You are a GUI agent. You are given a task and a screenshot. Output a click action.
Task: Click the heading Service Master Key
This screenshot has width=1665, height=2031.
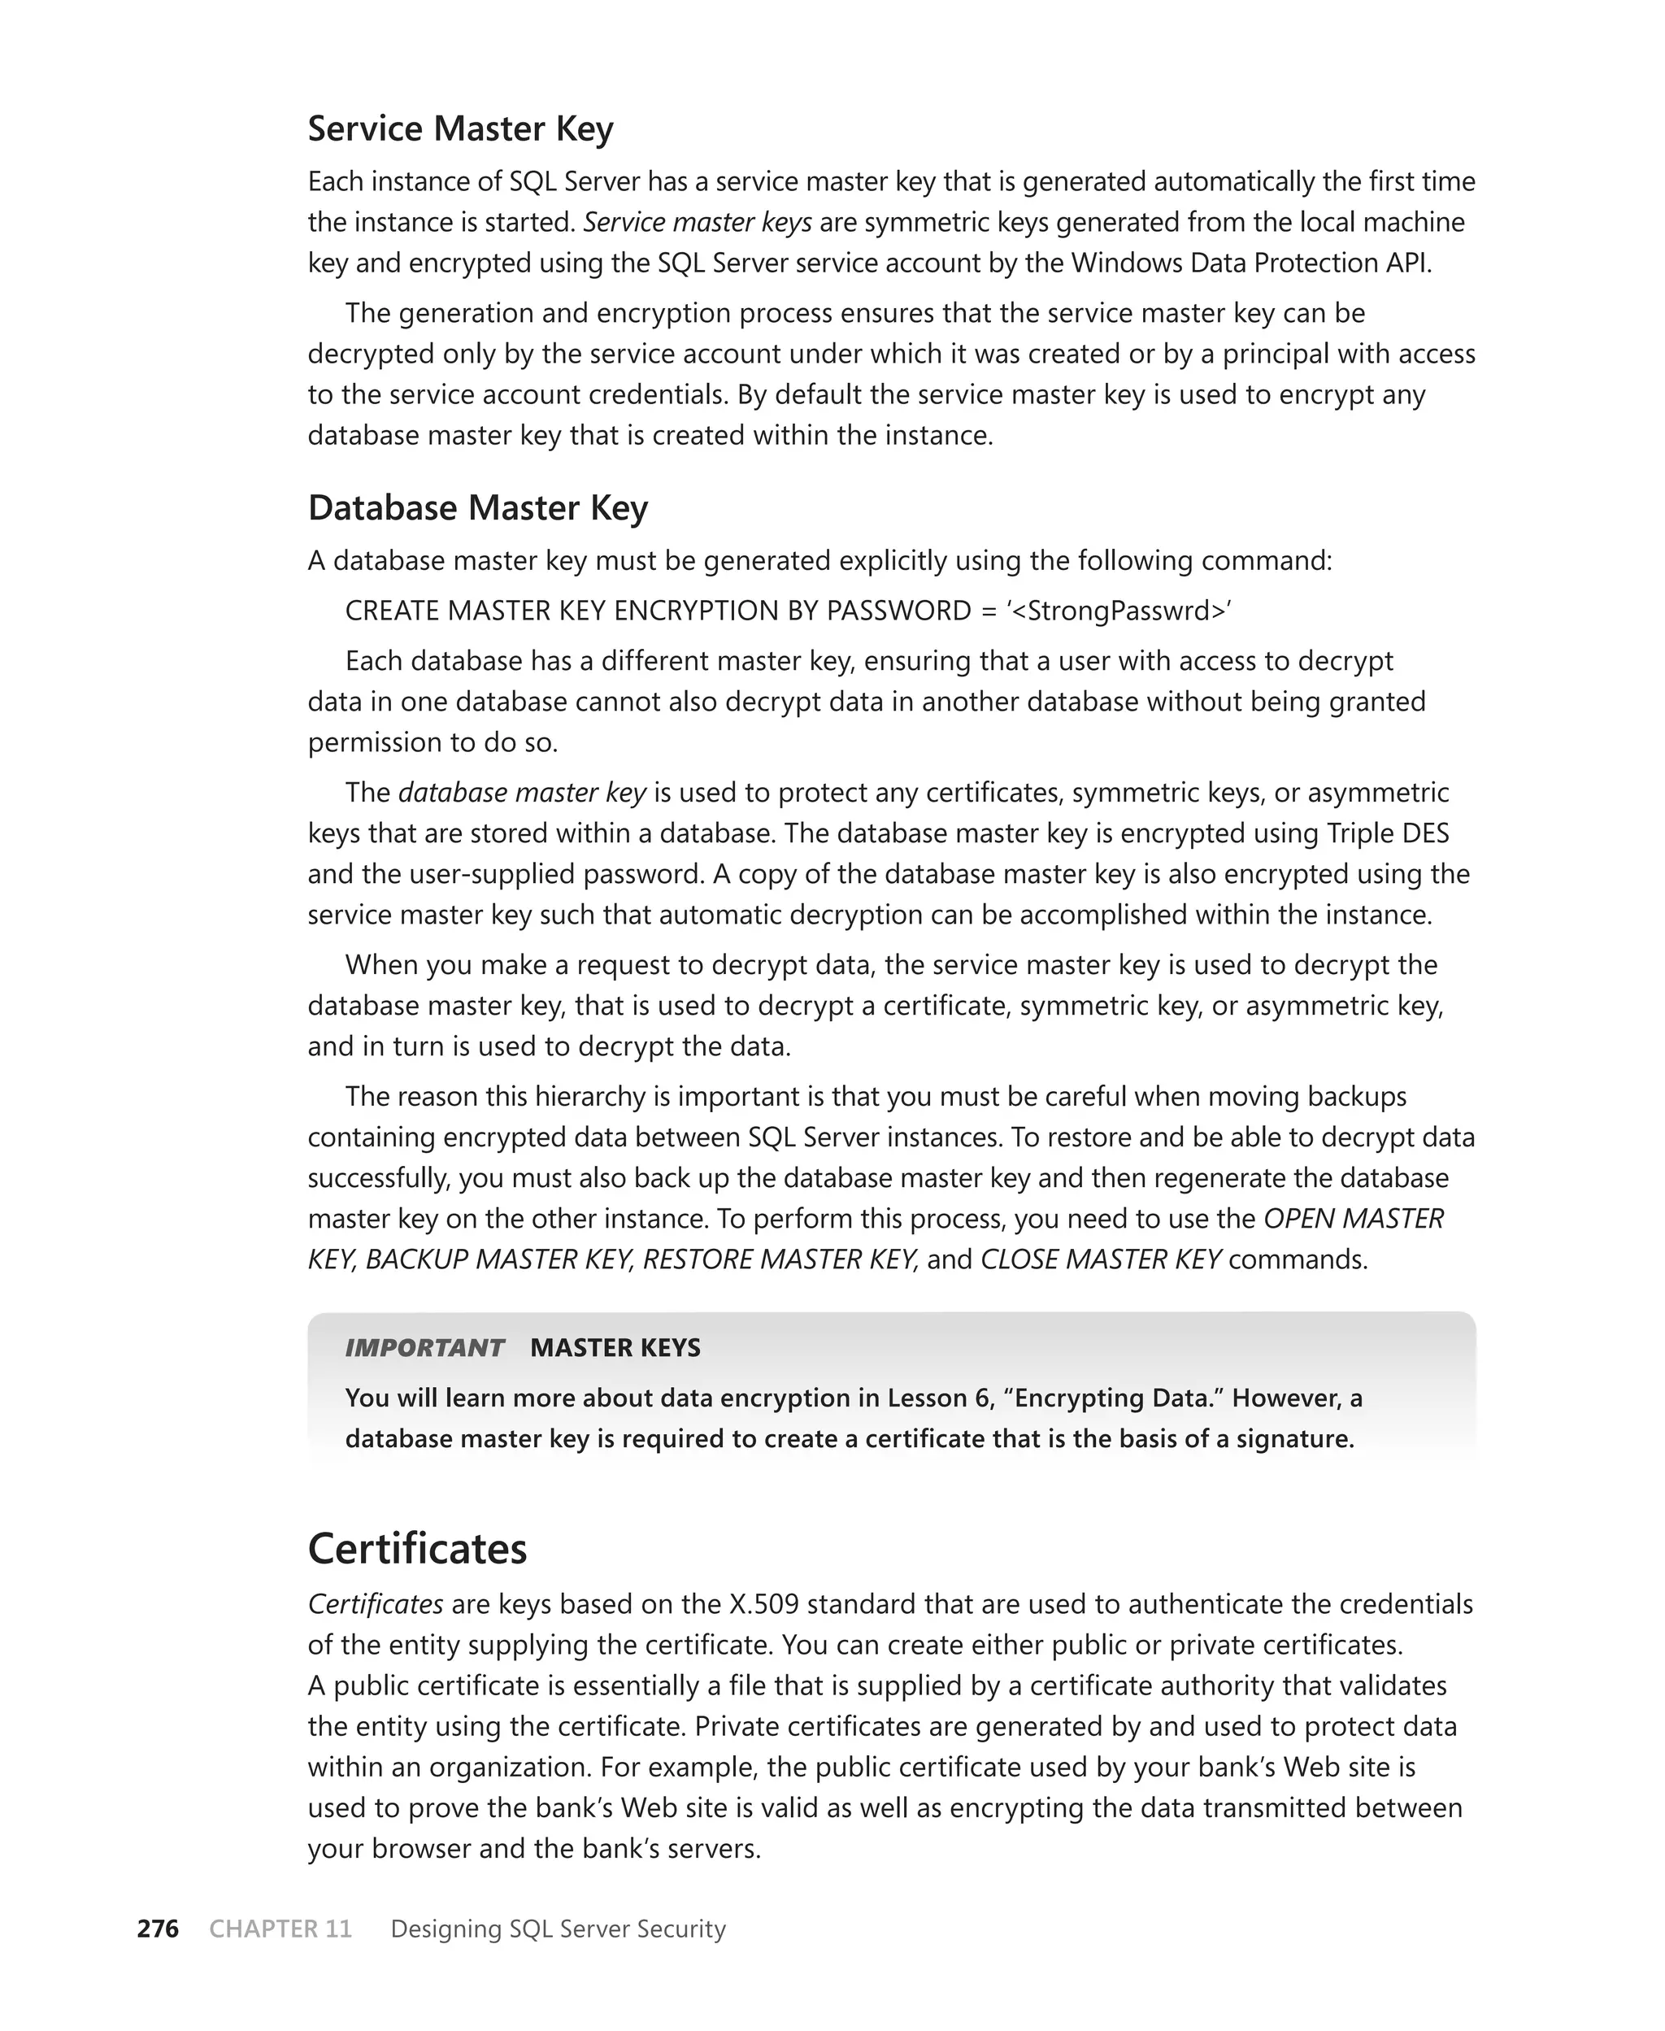(460, 128)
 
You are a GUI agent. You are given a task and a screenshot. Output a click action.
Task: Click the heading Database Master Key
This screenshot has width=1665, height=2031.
(478, 507)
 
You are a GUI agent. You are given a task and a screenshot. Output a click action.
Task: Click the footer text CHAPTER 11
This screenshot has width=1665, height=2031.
(280, 1929)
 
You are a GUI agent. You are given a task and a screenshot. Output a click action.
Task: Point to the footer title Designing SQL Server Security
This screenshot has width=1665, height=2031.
(559, 1929)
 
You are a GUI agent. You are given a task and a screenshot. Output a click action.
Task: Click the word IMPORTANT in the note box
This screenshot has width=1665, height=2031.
(424, 1347)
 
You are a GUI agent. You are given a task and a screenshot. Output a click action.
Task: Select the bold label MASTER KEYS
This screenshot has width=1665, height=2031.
(615, 1347)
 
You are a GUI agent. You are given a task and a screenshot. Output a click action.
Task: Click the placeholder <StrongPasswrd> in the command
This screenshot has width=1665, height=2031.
(1119, 611)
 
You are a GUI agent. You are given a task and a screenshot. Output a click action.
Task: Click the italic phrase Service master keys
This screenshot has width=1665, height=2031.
(698, 223)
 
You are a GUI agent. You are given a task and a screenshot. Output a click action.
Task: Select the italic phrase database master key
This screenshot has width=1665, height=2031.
(522, 793)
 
